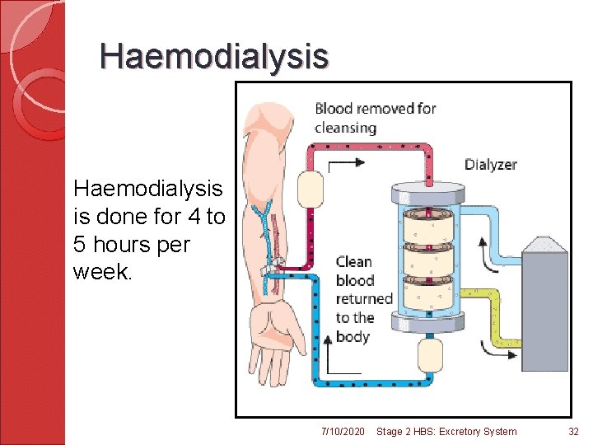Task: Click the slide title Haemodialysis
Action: pyautogui.click(x=214, y=56)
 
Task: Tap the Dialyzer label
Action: pyautogui.click(x=491, y=164)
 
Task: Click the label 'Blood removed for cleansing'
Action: pyautogui.click(x=376, y=118)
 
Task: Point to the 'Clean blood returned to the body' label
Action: pyautogui.click(x=362, y=299)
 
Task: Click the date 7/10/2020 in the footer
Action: pyautogui.click(x=343, y=432)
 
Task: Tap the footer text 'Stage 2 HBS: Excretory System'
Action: pyautogui.click(x=446, y=432)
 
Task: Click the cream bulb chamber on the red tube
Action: pyautogui.click(x=311, y=189)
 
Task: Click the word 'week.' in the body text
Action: pyautogui.click(x=102, y=272)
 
